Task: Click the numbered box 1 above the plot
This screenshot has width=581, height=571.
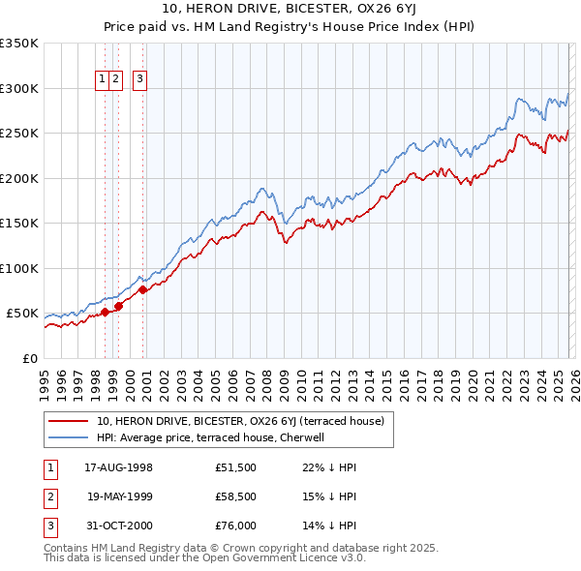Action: pyautogui.click(x=103, y=79)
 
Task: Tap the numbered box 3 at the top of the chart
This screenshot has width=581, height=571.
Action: pyautogui.click(x=139, y=79)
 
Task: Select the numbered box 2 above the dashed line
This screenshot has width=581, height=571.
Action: pyautogui.click(x=115, y=79)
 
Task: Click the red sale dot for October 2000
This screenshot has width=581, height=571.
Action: pyautogui.click(x=142, y=289)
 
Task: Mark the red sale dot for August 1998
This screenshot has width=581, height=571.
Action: pyautogui.click(x=106, y=312)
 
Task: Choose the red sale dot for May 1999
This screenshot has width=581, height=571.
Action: pyautogui.click(x=118, y=306)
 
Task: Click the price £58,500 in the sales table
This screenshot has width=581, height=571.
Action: pyautogui.click(x=236, y=498)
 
